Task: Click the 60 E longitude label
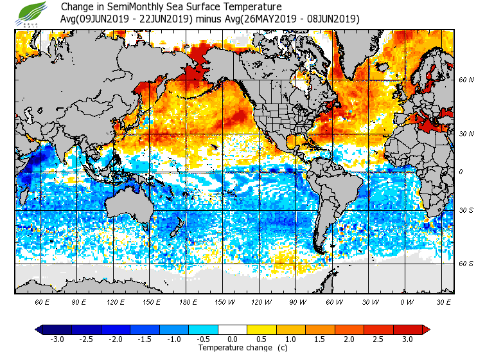click(42, 301)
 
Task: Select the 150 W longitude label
click(224, 301)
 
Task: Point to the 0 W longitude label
click(406, 301)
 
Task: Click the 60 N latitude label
click(466, 80)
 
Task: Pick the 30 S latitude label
click(466, 211)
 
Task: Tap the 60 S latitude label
click(466, 264)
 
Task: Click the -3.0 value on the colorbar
click(57, 339)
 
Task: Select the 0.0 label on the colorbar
click(232, 339)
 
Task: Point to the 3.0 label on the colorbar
click(408, 339)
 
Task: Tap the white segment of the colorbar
click(232, 330)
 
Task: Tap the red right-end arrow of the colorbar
click(426, 330)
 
